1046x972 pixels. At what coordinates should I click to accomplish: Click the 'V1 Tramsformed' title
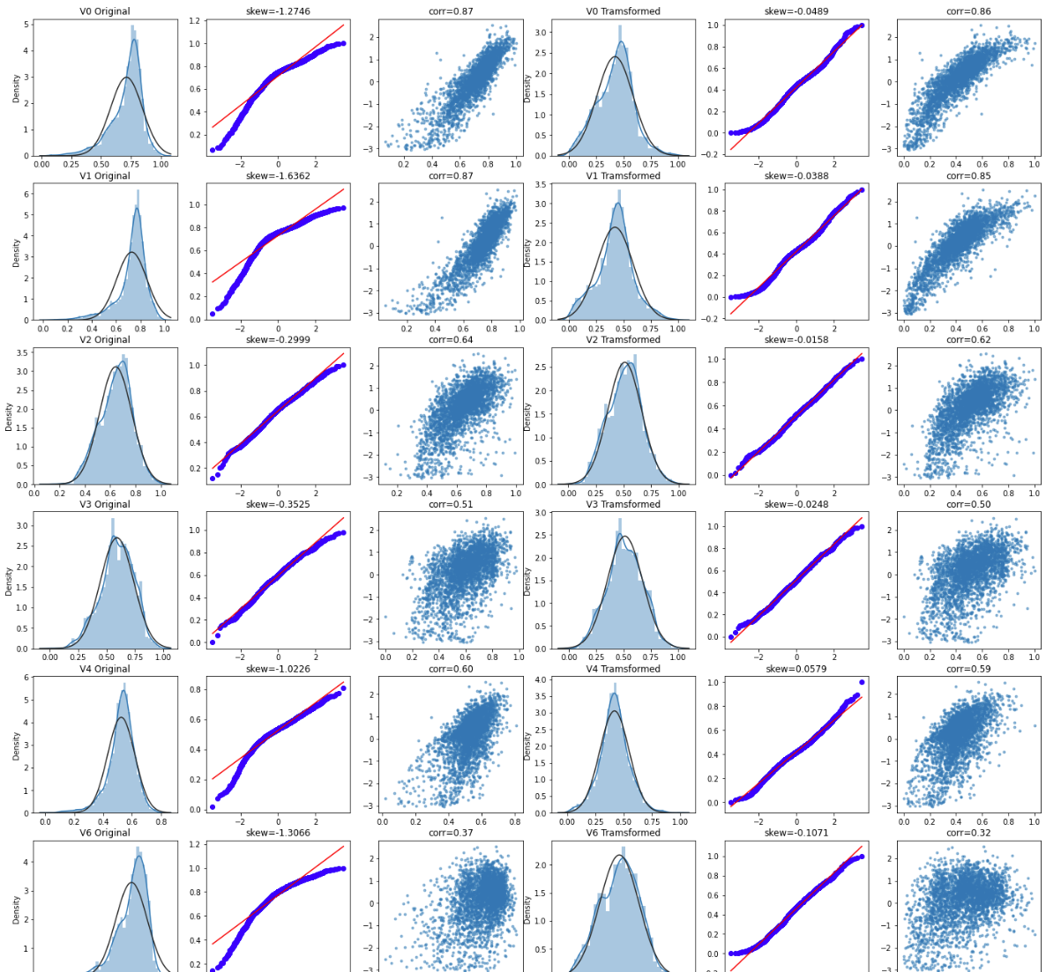624,175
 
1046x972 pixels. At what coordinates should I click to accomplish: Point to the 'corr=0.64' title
451,339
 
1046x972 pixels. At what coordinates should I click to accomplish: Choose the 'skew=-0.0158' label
796,339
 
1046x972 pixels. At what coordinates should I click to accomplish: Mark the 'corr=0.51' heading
451,504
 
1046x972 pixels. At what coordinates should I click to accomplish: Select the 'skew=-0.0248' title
796,504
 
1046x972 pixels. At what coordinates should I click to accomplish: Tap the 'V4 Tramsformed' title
624,669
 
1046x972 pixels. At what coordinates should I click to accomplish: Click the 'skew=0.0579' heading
796,669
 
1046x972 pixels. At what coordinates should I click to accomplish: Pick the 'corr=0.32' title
968,833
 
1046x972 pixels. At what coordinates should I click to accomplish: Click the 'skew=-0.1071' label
796,833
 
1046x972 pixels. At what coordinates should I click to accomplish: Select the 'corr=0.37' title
451,833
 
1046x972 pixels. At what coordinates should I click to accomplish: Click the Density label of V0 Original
16,88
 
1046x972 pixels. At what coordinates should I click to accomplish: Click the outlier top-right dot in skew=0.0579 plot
862,682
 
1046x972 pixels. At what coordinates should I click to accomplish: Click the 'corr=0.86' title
968,11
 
